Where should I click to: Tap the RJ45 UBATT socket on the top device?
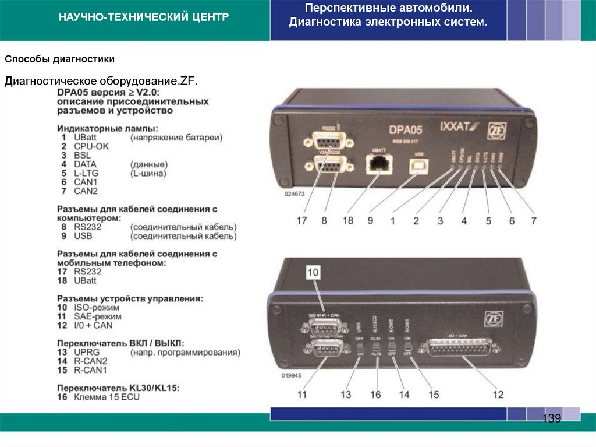378,164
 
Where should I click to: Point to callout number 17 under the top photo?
301,221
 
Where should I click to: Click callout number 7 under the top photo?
533,221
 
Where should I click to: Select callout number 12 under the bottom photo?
498,395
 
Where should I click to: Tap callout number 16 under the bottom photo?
375,395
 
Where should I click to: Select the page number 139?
551,418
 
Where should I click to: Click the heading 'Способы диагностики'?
60,59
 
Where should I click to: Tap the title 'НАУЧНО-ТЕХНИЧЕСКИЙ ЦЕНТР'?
143,17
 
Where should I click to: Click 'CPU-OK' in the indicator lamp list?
91,146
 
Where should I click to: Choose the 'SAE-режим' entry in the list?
96,316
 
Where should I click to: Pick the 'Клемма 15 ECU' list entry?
107,397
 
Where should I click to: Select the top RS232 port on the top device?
328,140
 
